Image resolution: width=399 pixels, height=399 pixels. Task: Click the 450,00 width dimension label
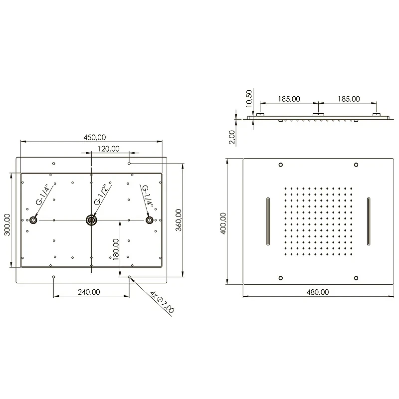pyautogui.click(x=95, y=138)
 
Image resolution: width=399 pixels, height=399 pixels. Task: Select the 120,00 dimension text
pyautogui.click(x=108, y=149)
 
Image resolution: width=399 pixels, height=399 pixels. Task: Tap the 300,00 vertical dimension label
pyautogui.click(x=7, y=225)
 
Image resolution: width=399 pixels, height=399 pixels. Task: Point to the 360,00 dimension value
pyautogui.click(x=179, y=220)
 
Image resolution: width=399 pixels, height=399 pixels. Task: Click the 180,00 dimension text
pyautogui.click(x=116, y=249)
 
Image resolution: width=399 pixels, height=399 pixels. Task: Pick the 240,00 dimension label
pyautogui.click(x=89, y=292)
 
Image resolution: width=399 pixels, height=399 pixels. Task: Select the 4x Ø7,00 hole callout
pyautogui.click(x=162, y=302)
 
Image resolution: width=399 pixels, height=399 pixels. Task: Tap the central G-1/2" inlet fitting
pyautogui.click(x=91, y=220)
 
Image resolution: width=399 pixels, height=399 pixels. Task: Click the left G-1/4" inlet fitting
pyautogui.click(x=33, y=220)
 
